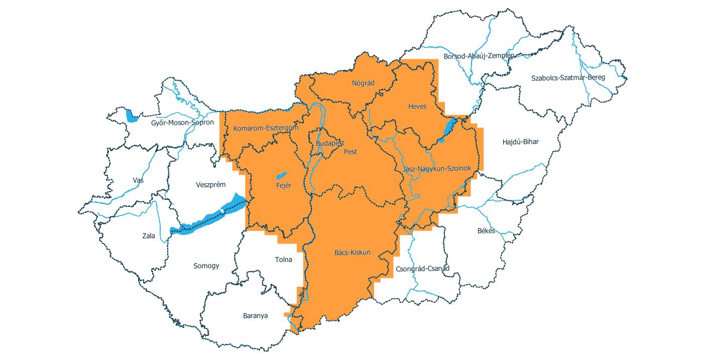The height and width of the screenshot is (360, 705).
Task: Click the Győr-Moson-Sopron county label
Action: coord(182,122)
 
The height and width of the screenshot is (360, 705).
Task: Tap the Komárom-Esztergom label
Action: coord(266,128)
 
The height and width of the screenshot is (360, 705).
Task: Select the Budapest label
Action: coord(330,143)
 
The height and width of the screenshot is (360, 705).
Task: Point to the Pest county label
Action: coord(350,151)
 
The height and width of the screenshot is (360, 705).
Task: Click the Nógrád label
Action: coord(364,83)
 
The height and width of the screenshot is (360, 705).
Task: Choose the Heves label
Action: coord(417,106)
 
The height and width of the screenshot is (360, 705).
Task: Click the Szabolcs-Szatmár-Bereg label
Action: coord(568,77)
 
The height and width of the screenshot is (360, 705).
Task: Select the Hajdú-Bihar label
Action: coord(520,142)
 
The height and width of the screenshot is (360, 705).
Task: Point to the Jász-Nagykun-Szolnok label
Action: coord(437,169)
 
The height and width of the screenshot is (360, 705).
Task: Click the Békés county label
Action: coord(486,231)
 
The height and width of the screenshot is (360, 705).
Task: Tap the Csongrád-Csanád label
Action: coord(422,268)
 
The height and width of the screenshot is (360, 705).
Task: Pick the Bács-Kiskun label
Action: coord(352,252)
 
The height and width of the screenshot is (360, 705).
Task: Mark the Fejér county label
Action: coord(284,185)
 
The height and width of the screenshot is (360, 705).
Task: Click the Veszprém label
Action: coord(210,185)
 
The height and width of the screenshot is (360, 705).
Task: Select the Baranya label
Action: coord(255,316)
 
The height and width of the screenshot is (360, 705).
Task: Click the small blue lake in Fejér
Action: coord(281,176)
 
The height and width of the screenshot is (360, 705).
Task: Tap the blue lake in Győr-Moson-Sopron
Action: coord(132,117)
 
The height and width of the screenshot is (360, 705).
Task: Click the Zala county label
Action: coord(149,235)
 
